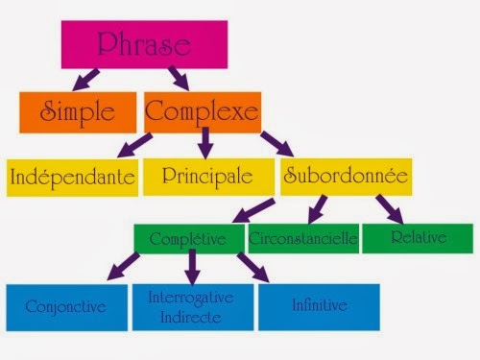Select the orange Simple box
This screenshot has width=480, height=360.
(79, 112)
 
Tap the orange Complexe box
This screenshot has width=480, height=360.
(202, 112)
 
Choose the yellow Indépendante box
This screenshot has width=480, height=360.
(71, 178)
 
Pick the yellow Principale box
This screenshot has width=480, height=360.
(206, 177)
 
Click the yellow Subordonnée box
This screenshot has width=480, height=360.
(346, 177)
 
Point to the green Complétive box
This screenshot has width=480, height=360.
(188, 238)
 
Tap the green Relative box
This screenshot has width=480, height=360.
(418, 237)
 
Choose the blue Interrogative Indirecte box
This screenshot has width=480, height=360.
(189, 306)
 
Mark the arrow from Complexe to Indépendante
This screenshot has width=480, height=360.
(134, 145)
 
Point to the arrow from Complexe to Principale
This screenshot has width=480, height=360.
(204, 145)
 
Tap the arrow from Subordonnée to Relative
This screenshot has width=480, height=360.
(388, 207)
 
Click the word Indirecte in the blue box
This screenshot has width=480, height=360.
(189, 316)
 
